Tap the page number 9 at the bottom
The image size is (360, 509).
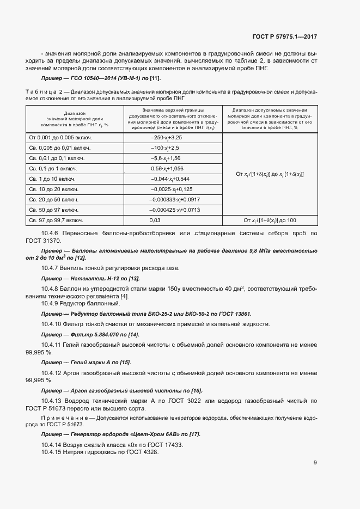315,463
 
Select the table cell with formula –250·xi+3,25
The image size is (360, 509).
166,138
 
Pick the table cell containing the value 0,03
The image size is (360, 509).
155,220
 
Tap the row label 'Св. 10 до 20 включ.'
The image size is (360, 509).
56,189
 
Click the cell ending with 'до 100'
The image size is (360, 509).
269,220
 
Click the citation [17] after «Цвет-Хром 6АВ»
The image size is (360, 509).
194,434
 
